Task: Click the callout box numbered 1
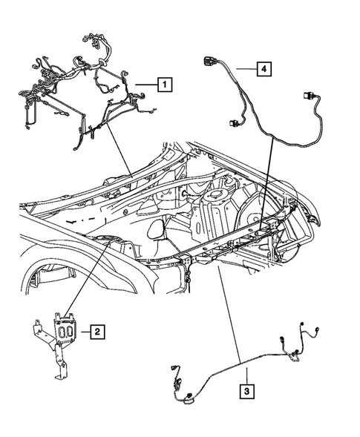(x=165, y=85)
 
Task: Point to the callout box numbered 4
(x=263, y=69)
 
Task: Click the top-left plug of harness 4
(x=209, y=62)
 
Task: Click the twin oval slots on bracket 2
(x=66, y=329)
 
